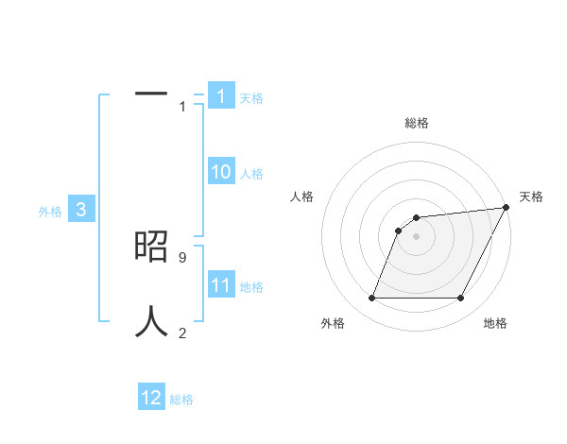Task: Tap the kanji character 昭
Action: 151,248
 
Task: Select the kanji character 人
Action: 151,321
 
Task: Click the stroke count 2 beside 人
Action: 182,333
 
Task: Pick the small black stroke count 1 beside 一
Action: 182,107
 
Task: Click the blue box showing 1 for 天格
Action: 220,96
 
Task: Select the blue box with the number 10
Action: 220,172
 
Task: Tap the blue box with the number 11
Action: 220,286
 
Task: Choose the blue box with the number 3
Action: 81,211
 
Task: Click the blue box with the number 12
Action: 151,398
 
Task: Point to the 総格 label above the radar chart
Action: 417,123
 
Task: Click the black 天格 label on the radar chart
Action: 531,196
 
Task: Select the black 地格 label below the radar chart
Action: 495,323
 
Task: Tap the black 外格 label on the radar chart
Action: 333,323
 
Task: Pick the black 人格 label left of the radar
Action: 302,196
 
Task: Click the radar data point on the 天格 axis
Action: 507,208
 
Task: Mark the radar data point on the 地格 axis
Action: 461,299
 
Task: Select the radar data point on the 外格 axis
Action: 372,299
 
